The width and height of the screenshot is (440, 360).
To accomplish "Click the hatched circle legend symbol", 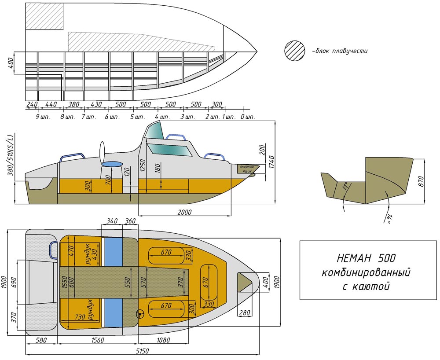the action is (295, 50).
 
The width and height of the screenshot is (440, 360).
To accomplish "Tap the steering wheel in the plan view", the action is (139, 314).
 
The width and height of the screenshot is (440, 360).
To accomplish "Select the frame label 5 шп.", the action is (138, 117).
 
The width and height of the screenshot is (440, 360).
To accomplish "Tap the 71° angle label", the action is (345, 187).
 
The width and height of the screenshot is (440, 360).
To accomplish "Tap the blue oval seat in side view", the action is (112, 164).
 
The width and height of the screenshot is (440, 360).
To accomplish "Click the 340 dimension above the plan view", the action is (112, 221).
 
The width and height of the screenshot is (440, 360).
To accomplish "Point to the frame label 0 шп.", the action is (248, 117).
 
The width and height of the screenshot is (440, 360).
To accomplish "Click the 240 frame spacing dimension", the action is (32, 104).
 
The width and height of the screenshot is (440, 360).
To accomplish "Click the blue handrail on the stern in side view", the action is (72, 157).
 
